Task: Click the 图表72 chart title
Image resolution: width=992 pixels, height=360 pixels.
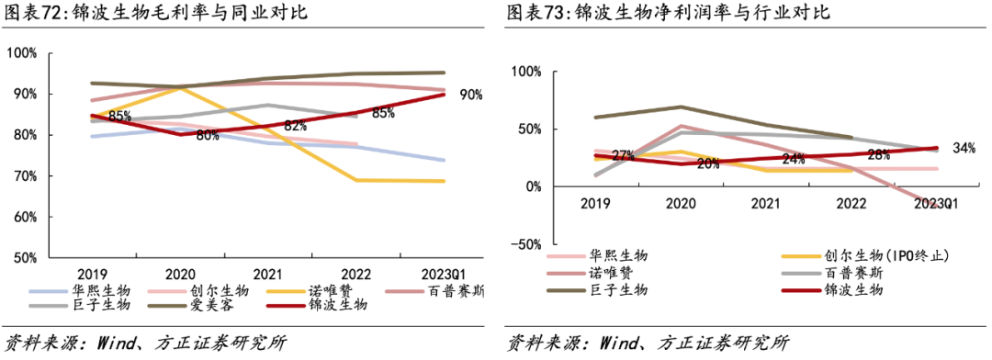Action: coord(157,14)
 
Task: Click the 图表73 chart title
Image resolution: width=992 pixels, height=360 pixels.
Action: coord(668,14)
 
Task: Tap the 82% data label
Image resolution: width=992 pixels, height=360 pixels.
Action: coord(295,126)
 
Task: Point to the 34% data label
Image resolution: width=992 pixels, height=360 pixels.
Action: coord(964,148)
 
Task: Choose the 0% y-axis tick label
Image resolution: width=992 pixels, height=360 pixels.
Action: coord(531,186)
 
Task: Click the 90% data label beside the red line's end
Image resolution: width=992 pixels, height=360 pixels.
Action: coord(471,95)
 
